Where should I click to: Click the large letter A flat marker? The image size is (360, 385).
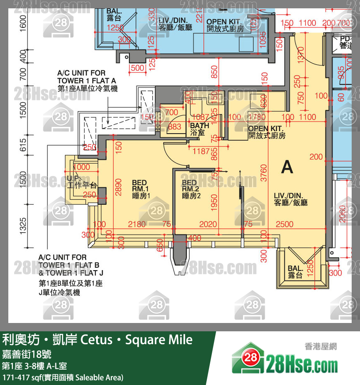click(x=287, y=167)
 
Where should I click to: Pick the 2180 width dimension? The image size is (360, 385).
click(x=137, y=224)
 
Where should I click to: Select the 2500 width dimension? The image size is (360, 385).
click(x=285, y=224)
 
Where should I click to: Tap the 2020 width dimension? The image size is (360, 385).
click(x=208, y=224)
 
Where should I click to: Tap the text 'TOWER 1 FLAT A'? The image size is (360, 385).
click(x=82, y=81)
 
